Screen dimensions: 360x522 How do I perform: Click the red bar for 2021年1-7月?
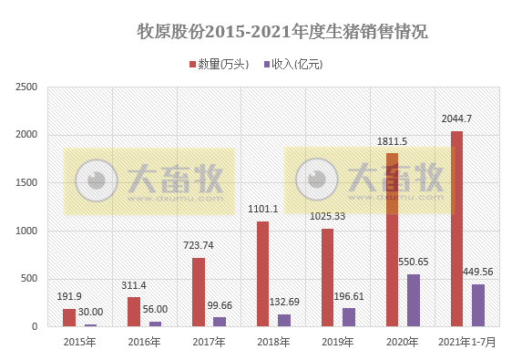point(456,229)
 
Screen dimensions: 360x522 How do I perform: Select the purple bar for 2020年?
point(414,300)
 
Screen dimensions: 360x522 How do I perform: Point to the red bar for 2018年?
point(262,273)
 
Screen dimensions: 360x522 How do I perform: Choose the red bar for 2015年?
point(69,317)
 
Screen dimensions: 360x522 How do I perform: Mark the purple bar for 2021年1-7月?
point(478,304)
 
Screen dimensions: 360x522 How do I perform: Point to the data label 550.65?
point(415,262)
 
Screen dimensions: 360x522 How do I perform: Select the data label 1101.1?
point(262,209)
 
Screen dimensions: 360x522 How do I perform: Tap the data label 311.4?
point(134,285)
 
